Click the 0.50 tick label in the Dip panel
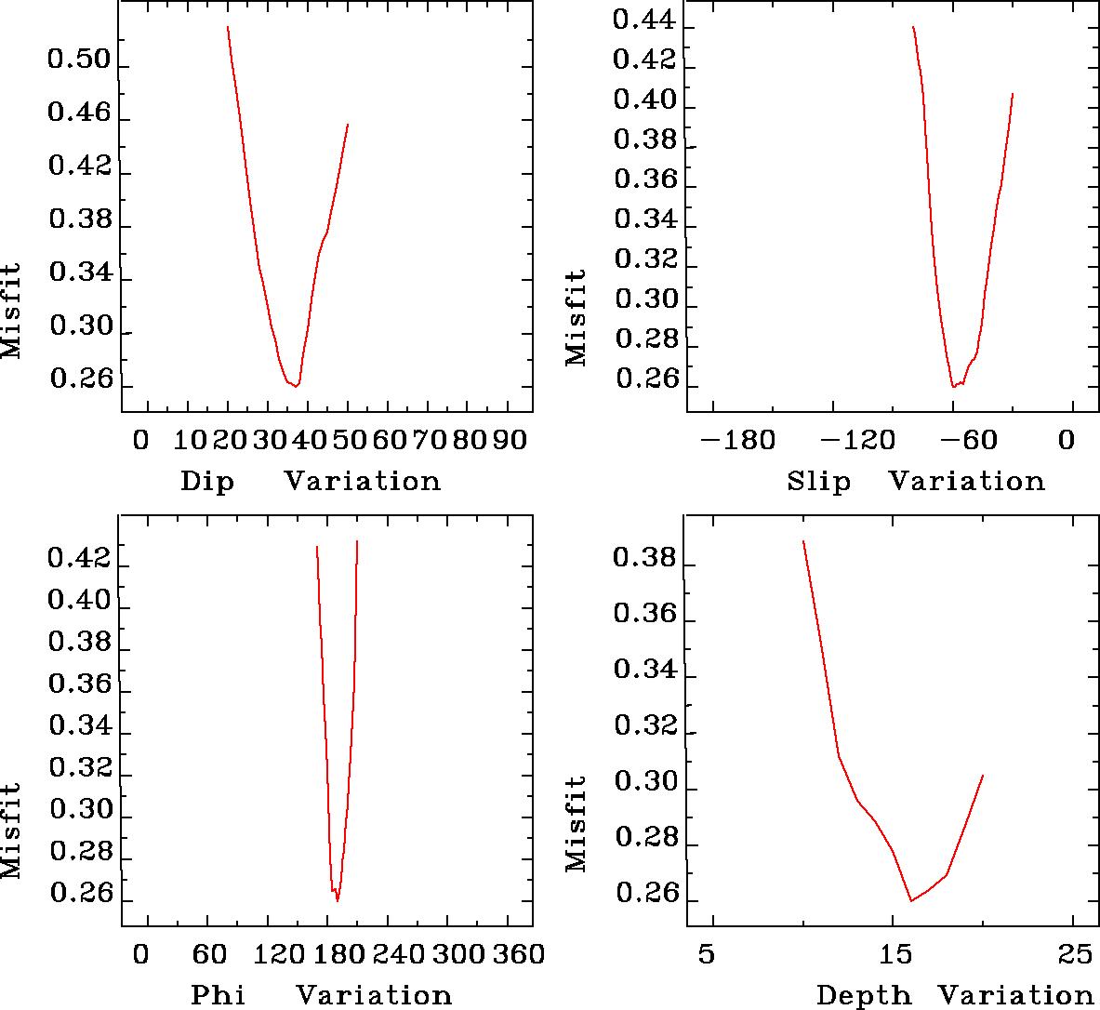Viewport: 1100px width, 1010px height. pos(77,62)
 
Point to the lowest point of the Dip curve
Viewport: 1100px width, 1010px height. pos(296,386)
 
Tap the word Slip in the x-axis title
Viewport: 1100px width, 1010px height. pos(818,482)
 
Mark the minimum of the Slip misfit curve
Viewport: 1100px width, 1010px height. pos(953,386)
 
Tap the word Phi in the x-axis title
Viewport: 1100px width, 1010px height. pos(218,995)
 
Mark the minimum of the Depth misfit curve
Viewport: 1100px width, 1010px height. pos(911,900)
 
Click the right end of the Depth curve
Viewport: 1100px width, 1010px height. pos(983,775)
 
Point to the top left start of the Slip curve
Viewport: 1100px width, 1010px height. pos(913,27)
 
